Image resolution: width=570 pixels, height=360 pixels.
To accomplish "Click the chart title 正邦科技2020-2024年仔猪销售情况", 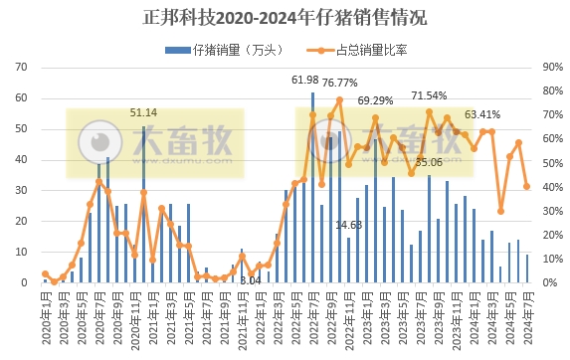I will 285,17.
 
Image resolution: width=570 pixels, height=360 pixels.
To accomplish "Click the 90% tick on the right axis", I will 552,69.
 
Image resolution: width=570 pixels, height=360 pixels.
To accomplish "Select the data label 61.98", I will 305,80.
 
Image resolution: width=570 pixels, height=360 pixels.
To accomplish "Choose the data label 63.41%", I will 483,113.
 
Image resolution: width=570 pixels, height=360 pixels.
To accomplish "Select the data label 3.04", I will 251,281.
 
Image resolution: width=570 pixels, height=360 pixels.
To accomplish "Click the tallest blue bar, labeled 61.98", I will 313,189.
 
